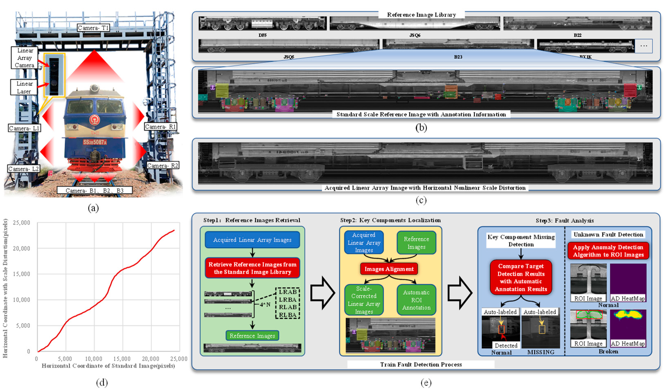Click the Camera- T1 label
(x=93, y=28)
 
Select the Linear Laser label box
(x=24, y=87)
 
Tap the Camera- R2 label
(x=163, y=165)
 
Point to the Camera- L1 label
(x=24, y=128)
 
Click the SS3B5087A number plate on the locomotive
(x=95, y=142)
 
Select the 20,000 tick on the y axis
(x=22, y=249)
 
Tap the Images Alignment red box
(x=389, y=269)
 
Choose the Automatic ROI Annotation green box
(x=416, y=300)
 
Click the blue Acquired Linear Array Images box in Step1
(x=252, y=240)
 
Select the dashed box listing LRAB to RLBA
(x=288, y=303)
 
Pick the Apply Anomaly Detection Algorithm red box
(x=608, y=251)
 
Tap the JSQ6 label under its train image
(x=415, y=35)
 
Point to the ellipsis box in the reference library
(x=644, y=46)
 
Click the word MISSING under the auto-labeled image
(x=541, y=352)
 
